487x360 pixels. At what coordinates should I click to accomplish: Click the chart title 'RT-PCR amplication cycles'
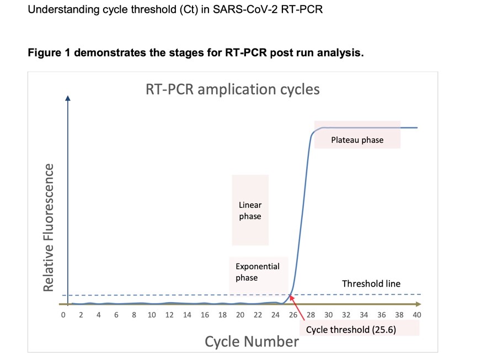coord(232,89)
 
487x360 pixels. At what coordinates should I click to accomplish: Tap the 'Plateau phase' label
coord(357,140)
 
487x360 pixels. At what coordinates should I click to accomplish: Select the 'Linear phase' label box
coord(250,211)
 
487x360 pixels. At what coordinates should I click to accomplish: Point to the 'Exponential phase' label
coord(258,272)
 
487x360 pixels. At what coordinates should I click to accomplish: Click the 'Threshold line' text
coord(371,284)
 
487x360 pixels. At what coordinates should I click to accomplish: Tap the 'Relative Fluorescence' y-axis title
coord(50,227)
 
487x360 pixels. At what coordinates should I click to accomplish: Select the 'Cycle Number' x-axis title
coord(251,342)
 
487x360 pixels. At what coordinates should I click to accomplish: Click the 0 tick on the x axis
coord(63,315)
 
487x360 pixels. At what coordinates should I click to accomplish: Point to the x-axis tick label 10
coord(152,315)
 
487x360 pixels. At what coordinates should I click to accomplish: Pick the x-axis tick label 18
coord(222,315)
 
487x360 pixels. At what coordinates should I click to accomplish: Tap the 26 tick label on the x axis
coord(293,315)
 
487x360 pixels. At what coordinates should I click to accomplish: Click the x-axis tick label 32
coord(346,315)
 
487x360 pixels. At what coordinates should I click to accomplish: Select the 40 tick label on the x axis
coord(417,315)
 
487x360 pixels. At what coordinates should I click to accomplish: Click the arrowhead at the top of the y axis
coord(68,99)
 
